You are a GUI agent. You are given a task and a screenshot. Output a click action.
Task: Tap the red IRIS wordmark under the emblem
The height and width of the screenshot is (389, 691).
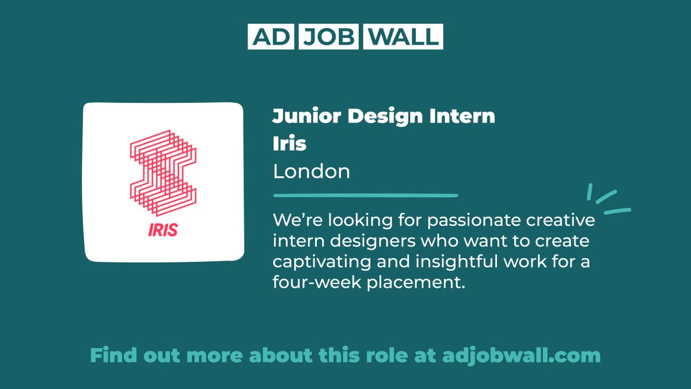[162, 230]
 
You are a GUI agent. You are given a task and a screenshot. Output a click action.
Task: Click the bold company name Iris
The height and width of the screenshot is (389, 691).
[290, 144]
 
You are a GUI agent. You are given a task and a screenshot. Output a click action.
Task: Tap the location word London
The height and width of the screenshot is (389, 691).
[312, 172]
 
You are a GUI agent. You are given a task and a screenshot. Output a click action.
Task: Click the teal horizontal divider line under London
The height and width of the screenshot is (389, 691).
[365, 195]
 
